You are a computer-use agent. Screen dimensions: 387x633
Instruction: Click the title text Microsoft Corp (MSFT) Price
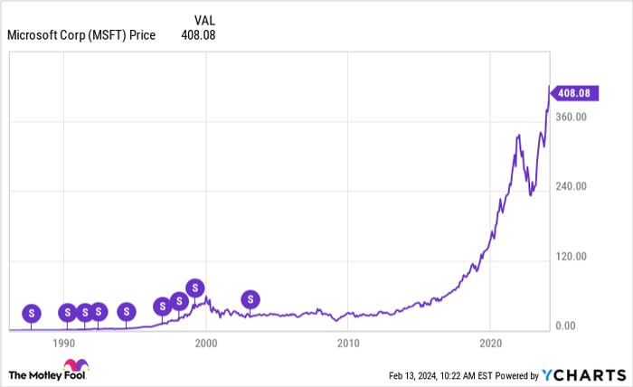point(80,35)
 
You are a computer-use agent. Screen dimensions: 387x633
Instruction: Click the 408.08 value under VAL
point(198,35)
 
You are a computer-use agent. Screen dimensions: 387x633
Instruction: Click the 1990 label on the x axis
point(63,344)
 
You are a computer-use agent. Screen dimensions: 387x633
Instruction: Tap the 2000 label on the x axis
point(206,344)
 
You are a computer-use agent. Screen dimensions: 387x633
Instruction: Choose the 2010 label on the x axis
point(348,344)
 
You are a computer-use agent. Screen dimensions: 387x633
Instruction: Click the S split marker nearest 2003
point(251,299)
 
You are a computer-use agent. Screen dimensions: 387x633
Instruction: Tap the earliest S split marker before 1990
point(32,313)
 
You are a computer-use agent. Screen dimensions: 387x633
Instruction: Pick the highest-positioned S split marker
point(194,288)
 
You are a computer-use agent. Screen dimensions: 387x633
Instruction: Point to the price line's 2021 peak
point(518,136)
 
